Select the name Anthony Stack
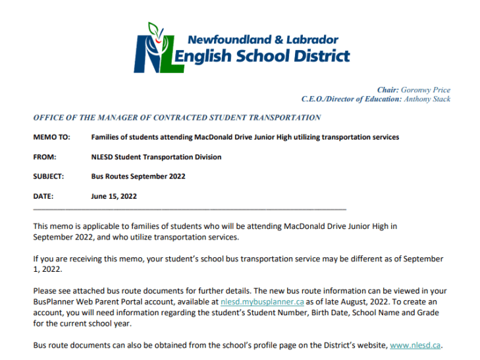click(x=427, y=99)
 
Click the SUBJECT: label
click(x=49, y=176)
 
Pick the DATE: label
click(x=43, y=196)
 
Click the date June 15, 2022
click(x=114, y=196)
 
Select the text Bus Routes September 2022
click(x=138, y=176)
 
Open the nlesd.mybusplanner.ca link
click(x=263, y=302)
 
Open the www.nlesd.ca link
click(x=415, y=346)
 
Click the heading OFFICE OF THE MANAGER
click(x=177, y=118)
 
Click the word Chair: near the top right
click(x=388, y=90)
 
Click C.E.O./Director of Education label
click(x=351, y=99)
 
